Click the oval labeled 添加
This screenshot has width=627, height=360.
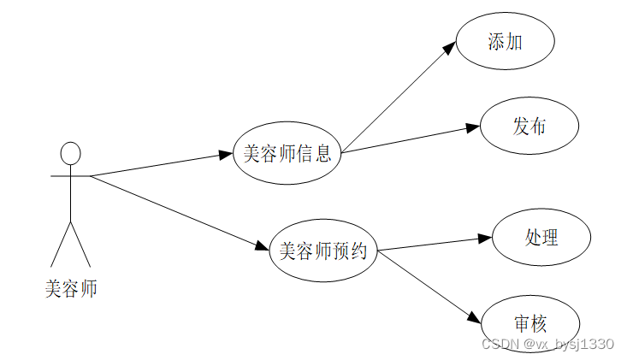(506, 41)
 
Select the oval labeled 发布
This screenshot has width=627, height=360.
(529, 127)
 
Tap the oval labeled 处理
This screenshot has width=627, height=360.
(541, 237)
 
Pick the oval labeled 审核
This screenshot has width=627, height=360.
(530, 323)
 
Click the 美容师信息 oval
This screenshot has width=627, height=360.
(287, 155)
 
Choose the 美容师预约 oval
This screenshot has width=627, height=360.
(323, 251)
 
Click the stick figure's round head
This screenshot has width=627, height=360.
(70, 154)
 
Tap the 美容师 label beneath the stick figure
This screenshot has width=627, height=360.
(71, 289)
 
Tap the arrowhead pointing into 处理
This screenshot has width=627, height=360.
(484, 239)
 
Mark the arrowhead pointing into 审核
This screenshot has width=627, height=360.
(476, 316)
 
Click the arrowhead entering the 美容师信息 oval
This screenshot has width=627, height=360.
(226, 156)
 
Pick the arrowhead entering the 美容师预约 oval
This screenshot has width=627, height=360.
(263, 247)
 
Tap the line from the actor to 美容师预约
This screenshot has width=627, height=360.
(175, 211)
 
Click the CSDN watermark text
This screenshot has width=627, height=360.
(547, 344)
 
